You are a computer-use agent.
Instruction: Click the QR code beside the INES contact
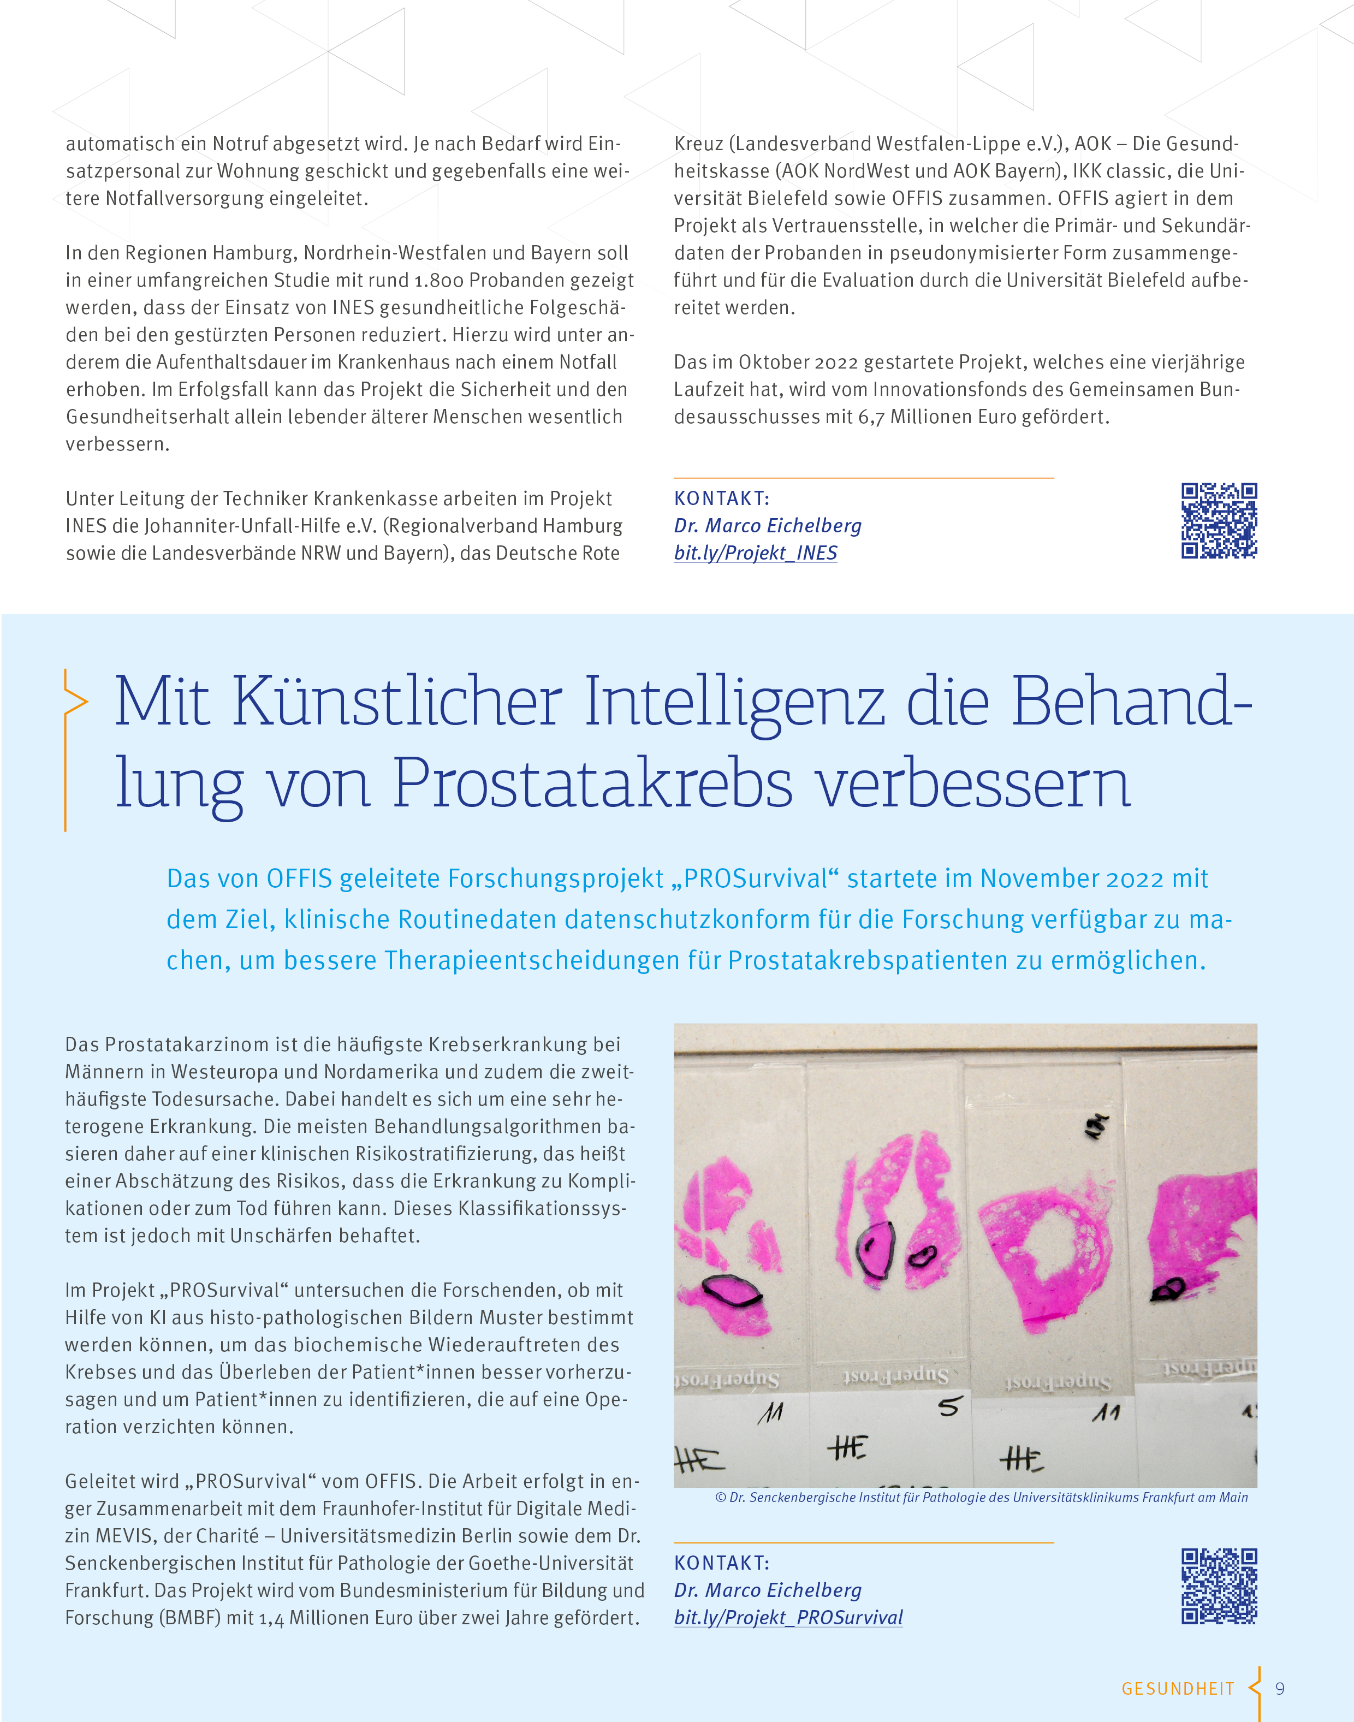click(x=1219, y=521)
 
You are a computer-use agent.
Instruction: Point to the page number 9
click(x=1280, y=1689)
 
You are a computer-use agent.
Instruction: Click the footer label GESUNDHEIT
click(x=1177, y=1689)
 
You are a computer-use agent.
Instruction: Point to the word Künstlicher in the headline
click(x=396, y=701)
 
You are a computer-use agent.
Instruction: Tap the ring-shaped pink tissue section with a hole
click(x=1047, y=1249)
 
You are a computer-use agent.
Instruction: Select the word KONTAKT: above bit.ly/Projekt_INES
click(x=721, y=498)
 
